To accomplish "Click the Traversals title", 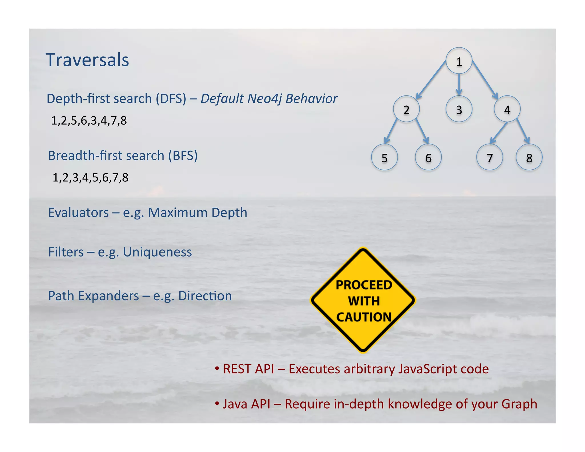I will pyautogui.click(x=87, y=60).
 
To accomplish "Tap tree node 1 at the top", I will pyautogui.click(x=459, y=61).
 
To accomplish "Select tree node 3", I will pyautogui.click(x=459, y=109).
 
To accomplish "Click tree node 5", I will pyautogui.click(x=384, y=157).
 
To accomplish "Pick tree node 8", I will pyautogui.click(x=529, y=157).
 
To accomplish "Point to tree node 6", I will pyautogui.click(x=428, y=157).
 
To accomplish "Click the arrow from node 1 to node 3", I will pyautogui.click(x=459, y=85).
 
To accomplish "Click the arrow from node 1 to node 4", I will pyautogui.click(x=485, y=80).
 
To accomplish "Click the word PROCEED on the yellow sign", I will pyautogui.click(x=364, y=285).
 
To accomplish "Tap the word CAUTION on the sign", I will pyautogui.click(x=364, y=317).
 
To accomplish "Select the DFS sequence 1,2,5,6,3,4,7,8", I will pyautogui.click(x=89, y=121).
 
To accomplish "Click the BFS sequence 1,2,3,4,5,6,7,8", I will pyautogui.click(x=90, y=178).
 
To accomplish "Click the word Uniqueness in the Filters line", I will pyautogui.click(x=157, y=252).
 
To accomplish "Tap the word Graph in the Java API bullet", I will pyautogui.click(x=519, y=404).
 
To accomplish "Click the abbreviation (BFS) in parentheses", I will pyautogui.click(x=183, y=156).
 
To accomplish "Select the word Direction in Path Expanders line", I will pyautogui.click(x=205, y=296).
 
